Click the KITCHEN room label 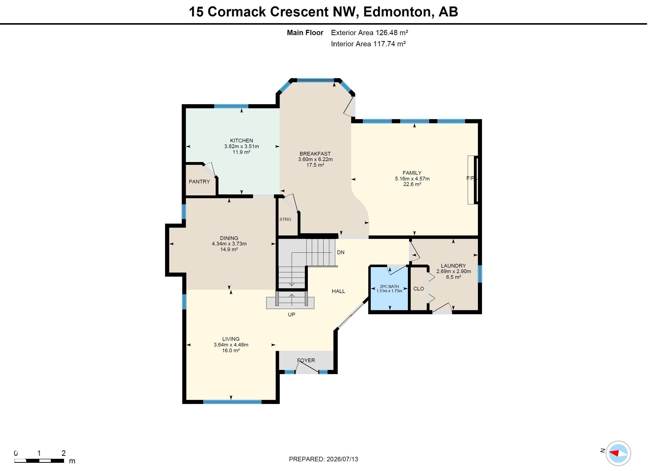click(x=241, y=141)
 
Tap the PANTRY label click(x=199, y=181)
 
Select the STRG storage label click(x=285, y=219)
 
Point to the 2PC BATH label click(x=389, y=287)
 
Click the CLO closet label click(x=419, y=289)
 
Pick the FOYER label click(x=306, y=360)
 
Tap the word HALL click(x=338, y=291)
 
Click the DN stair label click(x=341, y=252)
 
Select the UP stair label click(x=292, y=315)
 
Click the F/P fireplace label click(x=471, y=178)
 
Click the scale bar click(x=39, y=461)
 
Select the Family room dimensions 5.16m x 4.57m click(x=412, y=179)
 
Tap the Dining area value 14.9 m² click(x=229, y=249)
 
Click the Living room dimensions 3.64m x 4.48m click(x=231, y=345)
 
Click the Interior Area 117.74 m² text click(x=368, y=44)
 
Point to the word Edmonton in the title click(x=398, y=12)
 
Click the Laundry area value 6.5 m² click(x=454, y=277)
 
